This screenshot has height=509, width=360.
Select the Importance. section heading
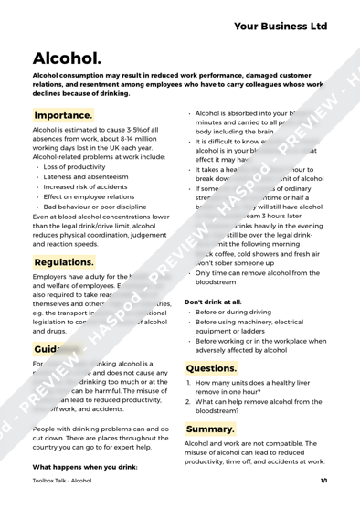pos(63,115)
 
